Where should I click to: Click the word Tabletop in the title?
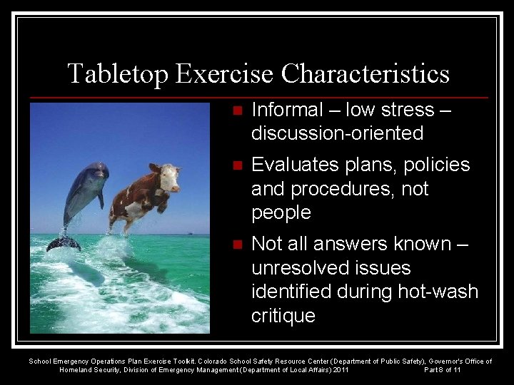pyautogui.click(x=118, y=74)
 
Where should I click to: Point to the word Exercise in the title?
pyautogui.click(x=226, y=74)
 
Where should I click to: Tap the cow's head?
pyautogui.click(x=168, y=177)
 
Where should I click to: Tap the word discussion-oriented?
pyautogui.click(x=338, y=133)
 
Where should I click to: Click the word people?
pyautogui.click(x=281, y=212)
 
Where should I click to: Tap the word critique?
pyautogui.click(x=283, y=316)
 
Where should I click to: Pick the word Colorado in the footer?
pyautogui.click(x=216, y=361)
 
